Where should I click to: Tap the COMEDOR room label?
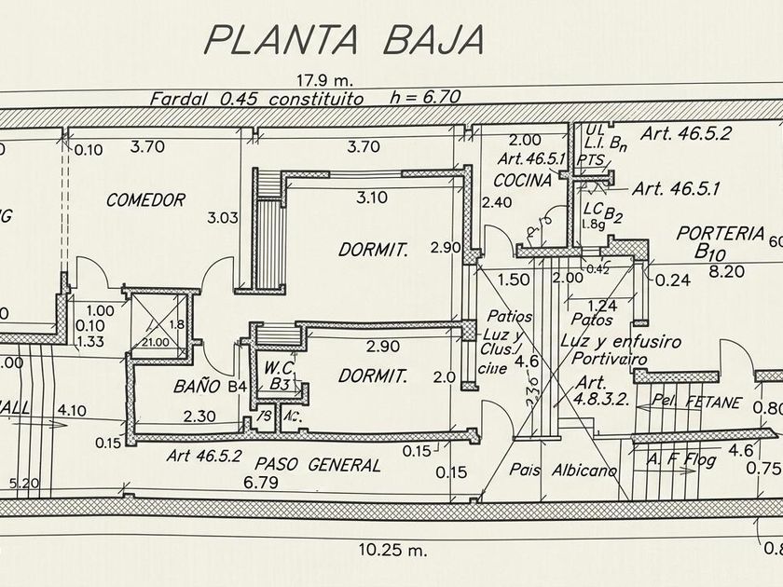(145, 199)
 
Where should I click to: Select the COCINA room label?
(523, 180)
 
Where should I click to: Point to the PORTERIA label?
(721, 233)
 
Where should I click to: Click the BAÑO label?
(196, 384)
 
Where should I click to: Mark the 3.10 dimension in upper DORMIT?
(371, 197)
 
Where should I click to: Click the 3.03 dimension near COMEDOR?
(224, 218)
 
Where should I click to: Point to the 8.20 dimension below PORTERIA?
(727, 271)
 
